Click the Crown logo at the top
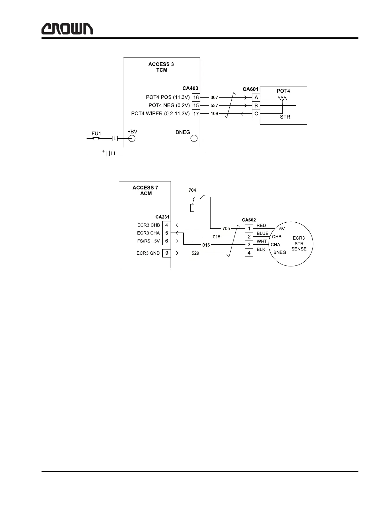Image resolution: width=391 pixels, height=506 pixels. coord(67,29)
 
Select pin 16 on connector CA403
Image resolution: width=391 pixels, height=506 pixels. coord(196,97)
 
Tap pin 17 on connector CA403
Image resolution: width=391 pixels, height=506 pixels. coord(196,114)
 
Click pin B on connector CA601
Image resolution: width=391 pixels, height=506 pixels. coord(256,105)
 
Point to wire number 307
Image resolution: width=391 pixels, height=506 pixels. coord(214,97)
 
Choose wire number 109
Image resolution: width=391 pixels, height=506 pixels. coord(214,114)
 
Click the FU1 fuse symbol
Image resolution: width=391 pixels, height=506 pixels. coord(96,139)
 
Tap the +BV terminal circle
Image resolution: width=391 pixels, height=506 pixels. coord(132,139)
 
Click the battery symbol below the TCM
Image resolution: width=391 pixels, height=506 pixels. coord(110,153)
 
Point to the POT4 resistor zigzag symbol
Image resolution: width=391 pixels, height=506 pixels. coord(282,98)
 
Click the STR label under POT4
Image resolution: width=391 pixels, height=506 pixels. coord(285,117)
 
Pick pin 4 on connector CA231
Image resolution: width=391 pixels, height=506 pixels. coord(166,225)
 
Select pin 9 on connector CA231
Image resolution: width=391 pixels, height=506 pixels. coord(166,253)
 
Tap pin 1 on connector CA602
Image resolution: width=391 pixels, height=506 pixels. coord(249,229)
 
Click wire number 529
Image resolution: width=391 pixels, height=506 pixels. coord(195,253)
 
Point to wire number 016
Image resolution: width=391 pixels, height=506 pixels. coord(206,245)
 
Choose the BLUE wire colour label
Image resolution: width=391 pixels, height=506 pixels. coord(263,234)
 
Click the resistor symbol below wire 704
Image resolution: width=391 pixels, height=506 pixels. coord(192,208)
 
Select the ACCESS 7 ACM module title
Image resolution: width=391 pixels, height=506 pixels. coord(145,190)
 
